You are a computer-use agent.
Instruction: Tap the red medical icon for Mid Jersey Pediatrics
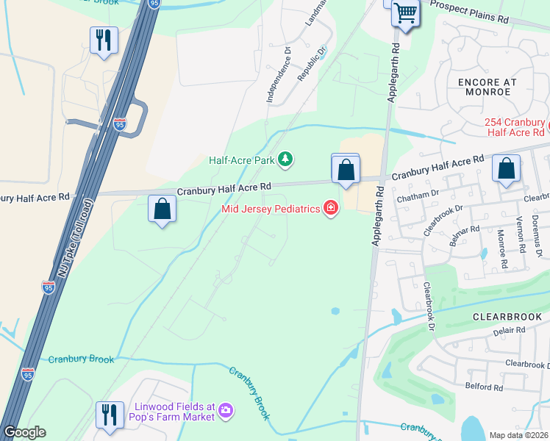click(331, 209)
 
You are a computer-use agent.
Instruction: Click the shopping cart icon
click(404, 12)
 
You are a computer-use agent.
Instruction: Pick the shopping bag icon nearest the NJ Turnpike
click(162, 209)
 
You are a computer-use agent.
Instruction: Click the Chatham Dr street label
click(417, 197)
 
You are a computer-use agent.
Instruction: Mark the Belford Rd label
click(484, 387)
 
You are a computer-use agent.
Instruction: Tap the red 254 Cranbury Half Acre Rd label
click(516, 126)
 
